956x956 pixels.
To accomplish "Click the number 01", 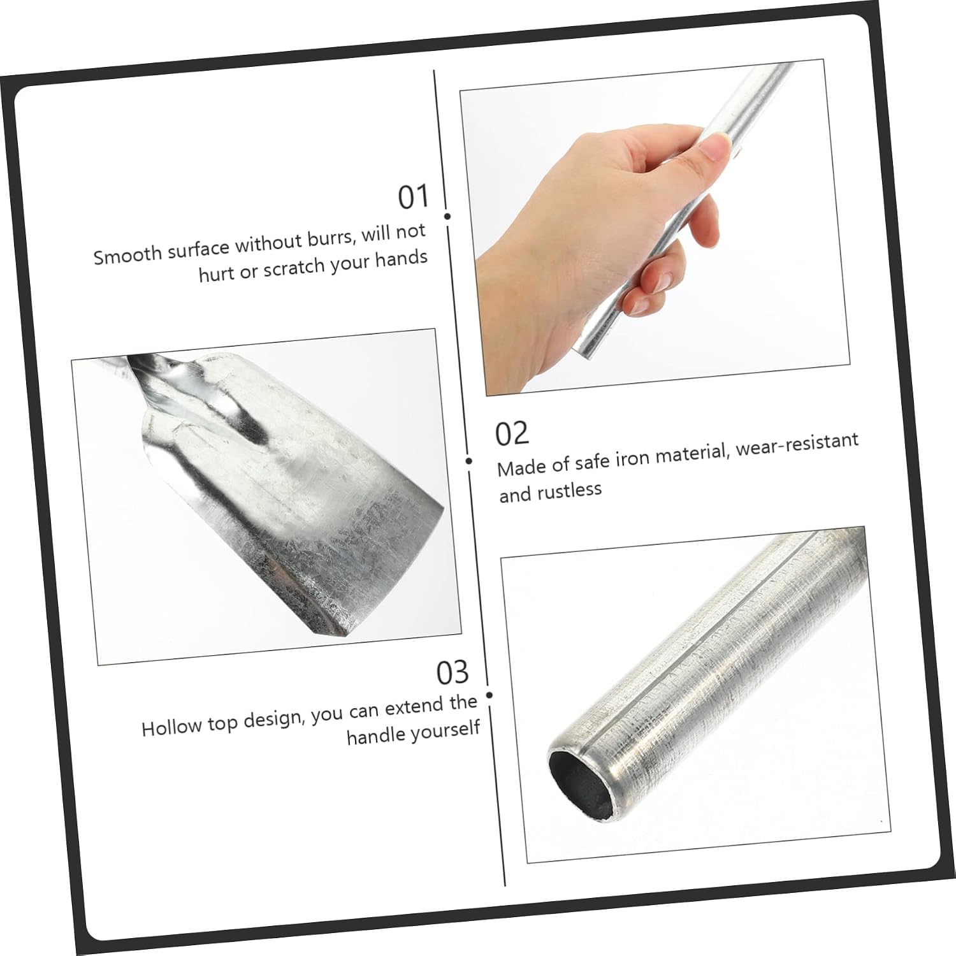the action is pyautogui.click(x=414, y=197).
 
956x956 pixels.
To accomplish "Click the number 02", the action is pyautogui.click(x=512, y=433).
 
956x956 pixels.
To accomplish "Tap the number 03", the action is pyautogui.click(x=453, y=673).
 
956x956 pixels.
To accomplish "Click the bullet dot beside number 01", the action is pyautogui.click(x=447, y=216).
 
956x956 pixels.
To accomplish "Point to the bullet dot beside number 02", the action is pyautogui.click(x=469, y=461).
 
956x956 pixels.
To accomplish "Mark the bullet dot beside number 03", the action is pyautogui.click(x=489, y=695).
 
